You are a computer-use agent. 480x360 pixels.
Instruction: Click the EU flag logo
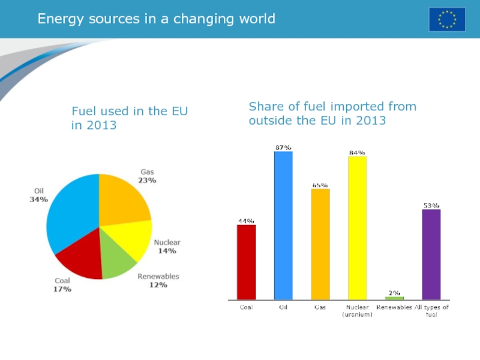446,19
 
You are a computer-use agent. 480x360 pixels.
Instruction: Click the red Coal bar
246,262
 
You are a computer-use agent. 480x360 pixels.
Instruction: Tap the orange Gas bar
320,244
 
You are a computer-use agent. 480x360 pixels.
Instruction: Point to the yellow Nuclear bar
357,227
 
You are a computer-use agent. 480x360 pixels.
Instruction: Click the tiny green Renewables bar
394,298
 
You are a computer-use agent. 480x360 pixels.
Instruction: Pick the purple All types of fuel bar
431,254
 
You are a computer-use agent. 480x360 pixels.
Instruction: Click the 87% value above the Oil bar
283,147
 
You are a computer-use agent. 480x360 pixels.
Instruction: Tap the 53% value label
431,205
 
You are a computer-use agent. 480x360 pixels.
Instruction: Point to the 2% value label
394,292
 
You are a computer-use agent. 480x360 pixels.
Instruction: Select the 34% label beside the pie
39,199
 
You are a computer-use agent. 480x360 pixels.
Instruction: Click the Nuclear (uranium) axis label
357,311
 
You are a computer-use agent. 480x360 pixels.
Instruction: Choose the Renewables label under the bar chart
394,307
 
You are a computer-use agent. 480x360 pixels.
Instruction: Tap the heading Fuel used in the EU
130,112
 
